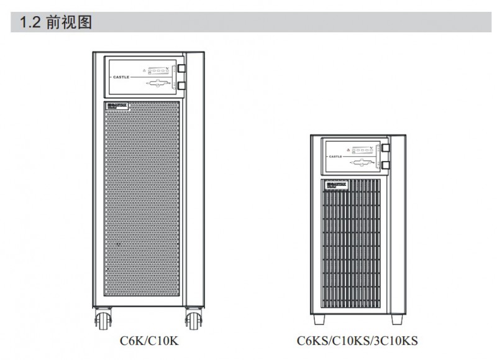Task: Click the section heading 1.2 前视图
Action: [x=56, y=23]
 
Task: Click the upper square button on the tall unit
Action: [x=181, y=68]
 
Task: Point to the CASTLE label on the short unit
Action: [x=335, y=156]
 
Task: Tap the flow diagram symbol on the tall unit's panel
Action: [x=158, y=84]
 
